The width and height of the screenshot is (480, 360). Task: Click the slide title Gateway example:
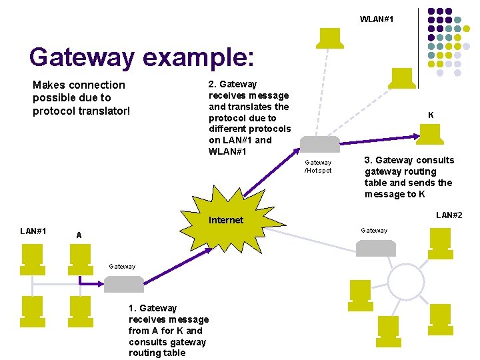coord(141,57)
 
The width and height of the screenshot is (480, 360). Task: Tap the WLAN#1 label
coord(377,19)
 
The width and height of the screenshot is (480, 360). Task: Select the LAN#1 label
coord(33,231)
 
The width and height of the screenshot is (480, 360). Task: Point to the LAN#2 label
coord(449,215)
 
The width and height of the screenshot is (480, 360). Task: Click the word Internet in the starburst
coord(226,220)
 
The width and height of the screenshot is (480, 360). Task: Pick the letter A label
coord(79,235)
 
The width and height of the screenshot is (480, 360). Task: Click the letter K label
coord(431,115)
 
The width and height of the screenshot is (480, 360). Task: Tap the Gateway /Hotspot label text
coord(318,166)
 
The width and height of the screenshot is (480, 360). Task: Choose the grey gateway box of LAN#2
coord(375,248)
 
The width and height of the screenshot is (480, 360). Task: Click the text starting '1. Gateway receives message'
coord(167,330)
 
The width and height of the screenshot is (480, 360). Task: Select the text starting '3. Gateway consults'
coord(409,177)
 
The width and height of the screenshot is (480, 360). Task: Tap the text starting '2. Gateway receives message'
coord(249,117)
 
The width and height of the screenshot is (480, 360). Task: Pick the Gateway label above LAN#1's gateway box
coord(122,266)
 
